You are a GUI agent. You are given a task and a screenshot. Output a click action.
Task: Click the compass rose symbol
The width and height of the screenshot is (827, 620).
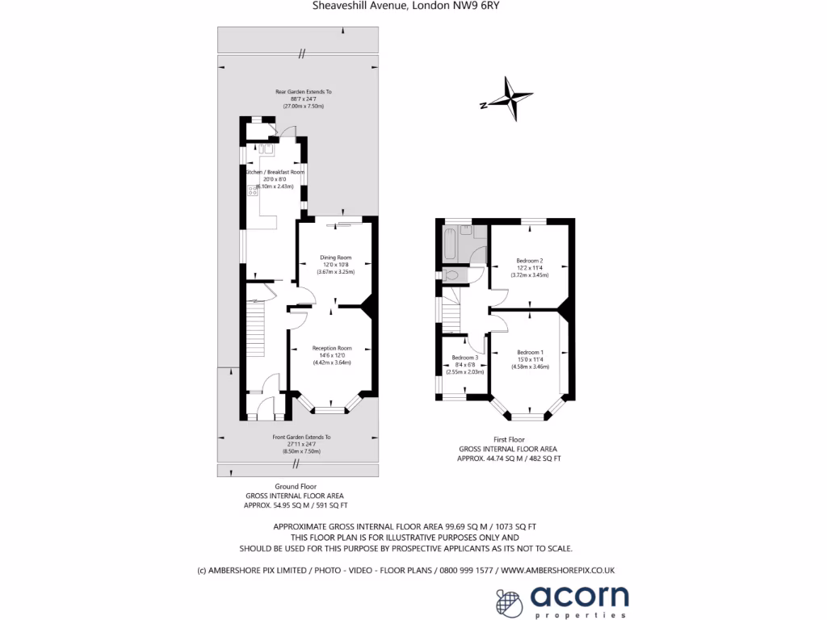click(x=507, y=98)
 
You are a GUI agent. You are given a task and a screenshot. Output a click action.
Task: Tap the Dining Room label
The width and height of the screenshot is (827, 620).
click(x=335, y=258)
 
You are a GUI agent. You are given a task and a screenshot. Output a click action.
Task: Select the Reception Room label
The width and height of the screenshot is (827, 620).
click(x=333, y=348)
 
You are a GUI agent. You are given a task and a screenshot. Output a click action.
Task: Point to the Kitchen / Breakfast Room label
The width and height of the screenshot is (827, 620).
click(x=275, y=172)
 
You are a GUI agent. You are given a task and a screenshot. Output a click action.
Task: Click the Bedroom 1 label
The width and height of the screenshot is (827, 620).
click(x=530, y=352)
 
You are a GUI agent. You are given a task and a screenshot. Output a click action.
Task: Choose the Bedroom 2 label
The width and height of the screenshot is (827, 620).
click(x=530, y=261)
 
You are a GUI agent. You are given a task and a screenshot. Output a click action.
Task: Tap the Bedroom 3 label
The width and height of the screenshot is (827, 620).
click(x=465, y=358)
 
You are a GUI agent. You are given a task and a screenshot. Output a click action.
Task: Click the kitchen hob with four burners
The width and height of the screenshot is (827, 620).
click(x=252, y=191)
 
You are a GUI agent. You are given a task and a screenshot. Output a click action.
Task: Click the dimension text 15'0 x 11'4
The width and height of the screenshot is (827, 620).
click(x=530, y=359)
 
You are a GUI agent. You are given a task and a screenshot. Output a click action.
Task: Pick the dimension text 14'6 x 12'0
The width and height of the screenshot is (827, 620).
click(x=333, y=355)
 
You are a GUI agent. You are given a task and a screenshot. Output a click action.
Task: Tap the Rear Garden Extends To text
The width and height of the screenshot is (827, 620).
click(x=303, y=92)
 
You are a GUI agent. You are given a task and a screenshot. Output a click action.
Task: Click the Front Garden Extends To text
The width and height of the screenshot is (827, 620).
click(x=301, y=437)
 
